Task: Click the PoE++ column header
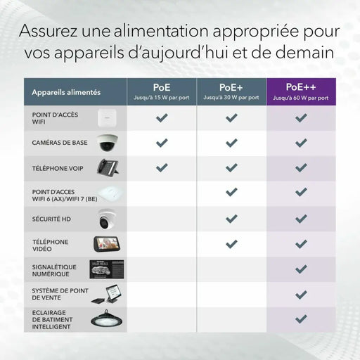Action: [301, 91]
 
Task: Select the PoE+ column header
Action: [231, 91]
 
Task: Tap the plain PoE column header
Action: [161, 91]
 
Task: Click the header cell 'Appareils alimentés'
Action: [66, 92]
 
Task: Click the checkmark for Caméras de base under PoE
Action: [162, 143]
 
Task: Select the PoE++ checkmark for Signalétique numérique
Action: [301, 269]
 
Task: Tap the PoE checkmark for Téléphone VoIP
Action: [162, 167]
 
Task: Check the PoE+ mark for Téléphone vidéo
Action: [231, 243]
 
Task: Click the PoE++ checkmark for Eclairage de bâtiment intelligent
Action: [301, 319]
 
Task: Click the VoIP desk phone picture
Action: [108, 168]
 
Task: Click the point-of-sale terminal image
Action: [108, 294]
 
